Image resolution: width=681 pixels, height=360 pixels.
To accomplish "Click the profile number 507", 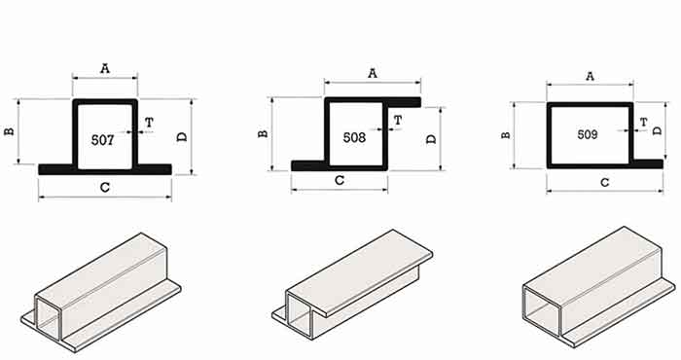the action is [x=102, y=140].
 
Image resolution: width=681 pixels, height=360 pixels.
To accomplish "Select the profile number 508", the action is [x=354, y=137].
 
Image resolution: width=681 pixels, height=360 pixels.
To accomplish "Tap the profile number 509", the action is [x=588, y=134].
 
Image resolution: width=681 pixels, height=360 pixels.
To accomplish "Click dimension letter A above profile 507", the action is [x=105, y=69].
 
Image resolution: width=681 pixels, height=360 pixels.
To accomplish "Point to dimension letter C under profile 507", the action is [x=105, y=188].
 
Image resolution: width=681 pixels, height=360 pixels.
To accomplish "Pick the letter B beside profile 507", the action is [x=9, y=130].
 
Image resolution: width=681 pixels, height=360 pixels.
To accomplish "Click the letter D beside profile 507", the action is [x=182, y=137].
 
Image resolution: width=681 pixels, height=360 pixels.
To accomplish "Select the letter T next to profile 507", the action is [x=149, y=123].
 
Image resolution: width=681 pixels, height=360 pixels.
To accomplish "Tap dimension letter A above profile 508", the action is [x=373, y=73].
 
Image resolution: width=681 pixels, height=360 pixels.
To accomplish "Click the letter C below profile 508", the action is [x=340, y=180].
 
